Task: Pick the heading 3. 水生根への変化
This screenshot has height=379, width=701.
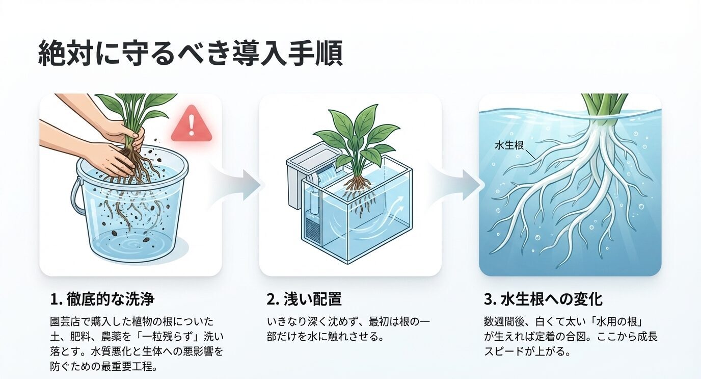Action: tap(543, 298)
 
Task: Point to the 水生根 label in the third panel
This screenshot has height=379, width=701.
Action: tap(509, 145)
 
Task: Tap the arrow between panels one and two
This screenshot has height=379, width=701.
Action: tap(244, 184)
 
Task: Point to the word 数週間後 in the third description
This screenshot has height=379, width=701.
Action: tap(504, 322)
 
